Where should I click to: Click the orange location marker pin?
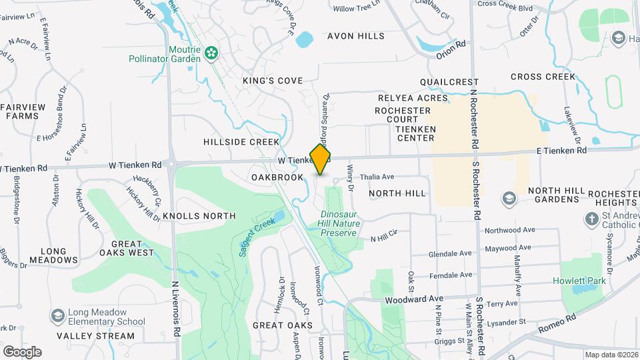click(x=321, y=159)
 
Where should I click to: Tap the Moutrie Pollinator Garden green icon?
click(x=212, y=52)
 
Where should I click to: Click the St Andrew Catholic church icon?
click(x=591, y=219)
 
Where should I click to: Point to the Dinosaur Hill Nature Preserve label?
click(x=340, y=224)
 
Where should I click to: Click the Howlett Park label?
click(x=579, y=281)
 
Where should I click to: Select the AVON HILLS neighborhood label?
click(x=355, y=36)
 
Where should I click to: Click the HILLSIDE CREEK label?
click(x=241, y=142)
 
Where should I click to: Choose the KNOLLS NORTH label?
click(x=199, y=216)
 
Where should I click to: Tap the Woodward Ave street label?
click(x=414, y=300)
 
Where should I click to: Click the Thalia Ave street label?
click(x=377, y=177)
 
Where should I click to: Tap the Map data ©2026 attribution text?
click(x=611, y=355)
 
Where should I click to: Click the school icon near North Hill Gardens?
click(x=510, y=198)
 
